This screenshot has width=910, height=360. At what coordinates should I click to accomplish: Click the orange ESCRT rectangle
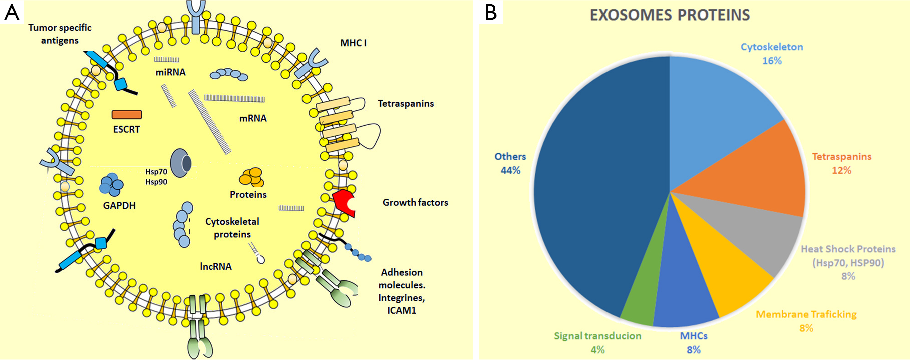pyautogui.click(x=127, y=115)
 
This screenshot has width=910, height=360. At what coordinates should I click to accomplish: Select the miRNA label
pyautogui.click(x=170, y=72)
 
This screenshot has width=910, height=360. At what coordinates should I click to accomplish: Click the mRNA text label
pyautogui.click(x=253, y=118)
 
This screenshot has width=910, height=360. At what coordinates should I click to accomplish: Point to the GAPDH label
pyautogui.click(x=119, y=205)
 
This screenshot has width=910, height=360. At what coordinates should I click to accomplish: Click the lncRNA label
pyautogui.click(x=216, y=266)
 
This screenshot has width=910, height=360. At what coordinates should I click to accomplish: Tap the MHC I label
pyautogui.click(x=353, y=43)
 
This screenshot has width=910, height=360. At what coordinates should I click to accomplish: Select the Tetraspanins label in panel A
pyautogui.click(x=406, y=104)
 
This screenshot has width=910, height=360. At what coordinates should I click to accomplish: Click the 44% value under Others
pyautogui.click(x=510, y=170)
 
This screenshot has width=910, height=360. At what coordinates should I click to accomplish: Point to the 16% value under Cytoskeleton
pyautogui.click(x=772, y=61)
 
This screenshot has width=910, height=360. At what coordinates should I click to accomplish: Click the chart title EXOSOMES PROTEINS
pyautogui.click(x=670, y=15)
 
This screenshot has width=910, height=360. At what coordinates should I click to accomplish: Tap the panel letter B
pyautogui.click(x=491, y=12)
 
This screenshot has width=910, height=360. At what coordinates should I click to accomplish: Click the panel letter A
pyautogui.click(x=12, y=12)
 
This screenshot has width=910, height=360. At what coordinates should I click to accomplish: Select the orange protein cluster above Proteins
pyautogui.click(x=251, y=177)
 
